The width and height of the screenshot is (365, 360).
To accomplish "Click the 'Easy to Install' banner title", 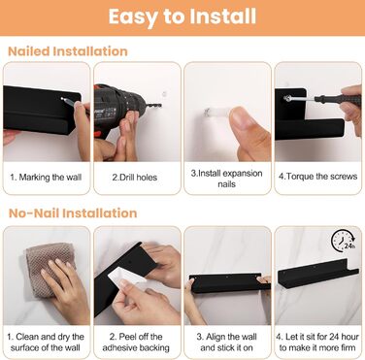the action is click(182, 17).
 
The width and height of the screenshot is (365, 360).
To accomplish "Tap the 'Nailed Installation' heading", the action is click(68, 51).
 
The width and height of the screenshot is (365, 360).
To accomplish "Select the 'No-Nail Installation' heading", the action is click(73, 213).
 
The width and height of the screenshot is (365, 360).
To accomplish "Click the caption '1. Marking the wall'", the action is click(46, 178).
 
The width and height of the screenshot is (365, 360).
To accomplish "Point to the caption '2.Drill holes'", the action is click(135, 178).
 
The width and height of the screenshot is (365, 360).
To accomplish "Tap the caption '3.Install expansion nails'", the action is click(226, 179).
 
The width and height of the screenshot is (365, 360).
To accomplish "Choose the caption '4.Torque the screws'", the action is click(318, 177).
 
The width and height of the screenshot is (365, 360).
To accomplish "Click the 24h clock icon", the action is click(344, 241).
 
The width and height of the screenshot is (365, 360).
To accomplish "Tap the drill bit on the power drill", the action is click(153, 106).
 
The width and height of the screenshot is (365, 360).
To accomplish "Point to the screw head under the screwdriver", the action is click(286, 98).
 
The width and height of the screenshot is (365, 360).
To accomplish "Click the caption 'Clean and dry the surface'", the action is click(46, 343).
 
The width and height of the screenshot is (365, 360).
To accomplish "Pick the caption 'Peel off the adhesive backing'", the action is click(136, 343).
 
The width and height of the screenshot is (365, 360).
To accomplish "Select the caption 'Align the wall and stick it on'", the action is click(226, 343).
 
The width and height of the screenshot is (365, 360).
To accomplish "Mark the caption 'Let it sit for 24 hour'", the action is click(317, 337).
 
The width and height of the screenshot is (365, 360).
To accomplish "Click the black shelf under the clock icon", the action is click(318, 274).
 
